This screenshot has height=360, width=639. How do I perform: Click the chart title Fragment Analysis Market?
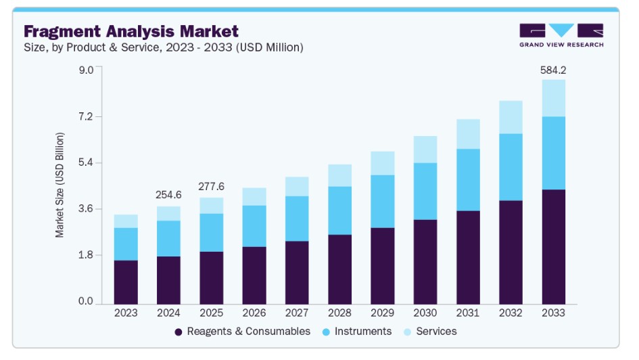[131, 31]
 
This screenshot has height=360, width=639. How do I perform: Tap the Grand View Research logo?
[561, 35]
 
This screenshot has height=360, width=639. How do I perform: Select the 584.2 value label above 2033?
[553, 70]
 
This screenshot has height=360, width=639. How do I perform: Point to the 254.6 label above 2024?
[168, 195]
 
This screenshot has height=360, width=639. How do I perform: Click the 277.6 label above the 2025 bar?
[211, 186]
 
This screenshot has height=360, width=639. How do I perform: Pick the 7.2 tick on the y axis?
[85, 117]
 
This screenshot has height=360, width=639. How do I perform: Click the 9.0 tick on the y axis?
[85, 70]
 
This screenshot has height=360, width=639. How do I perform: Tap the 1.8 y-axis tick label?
[85, 255]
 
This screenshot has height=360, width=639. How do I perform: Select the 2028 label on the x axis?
[339, 313]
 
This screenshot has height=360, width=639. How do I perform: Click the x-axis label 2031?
[468, 313]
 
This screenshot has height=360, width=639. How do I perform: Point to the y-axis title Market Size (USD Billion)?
[60, 185]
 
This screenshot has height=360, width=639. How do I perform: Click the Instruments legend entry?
[356, 332]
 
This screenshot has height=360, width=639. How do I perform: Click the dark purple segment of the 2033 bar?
[553, 247]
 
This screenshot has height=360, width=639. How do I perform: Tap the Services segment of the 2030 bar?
[425, 150]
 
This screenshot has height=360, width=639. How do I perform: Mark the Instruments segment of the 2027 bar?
[297, 219]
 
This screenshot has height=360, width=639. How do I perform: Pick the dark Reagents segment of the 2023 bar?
[126, 282]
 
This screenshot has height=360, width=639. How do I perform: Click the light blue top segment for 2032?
[511, 117]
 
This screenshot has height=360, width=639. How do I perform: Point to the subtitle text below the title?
[163, 47]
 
